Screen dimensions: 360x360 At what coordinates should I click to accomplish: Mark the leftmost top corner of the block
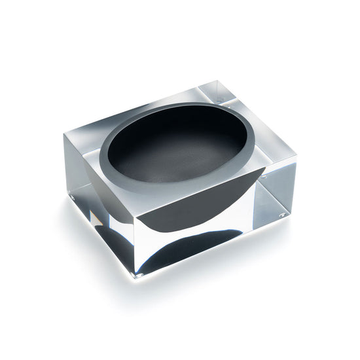click(x=63, y=133)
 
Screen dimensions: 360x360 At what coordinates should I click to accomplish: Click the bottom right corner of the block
click(x=289, y=217)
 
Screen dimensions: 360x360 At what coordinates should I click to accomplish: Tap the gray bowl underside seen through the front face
click(x=196, y=203)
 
